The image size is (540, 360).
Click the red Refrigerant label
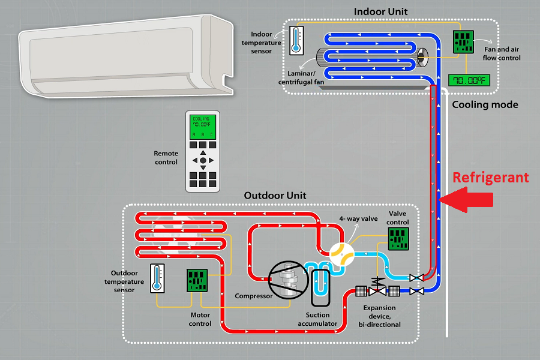[490, 178]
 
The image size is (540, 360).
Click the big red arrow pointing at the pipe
[471, 199]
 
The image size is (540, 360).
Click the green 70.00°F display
[468, 79]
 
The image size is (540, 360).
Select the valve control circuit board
[397, 239]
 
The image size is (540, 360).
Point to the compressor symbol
[284, 279]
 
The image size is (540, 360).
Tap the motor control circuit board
[197, 281]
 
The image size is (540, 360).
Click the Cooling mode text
[485, 104]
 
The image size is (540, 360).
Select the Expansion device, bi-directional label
[379, 316]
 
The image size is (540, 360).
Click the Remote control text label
[166, 158]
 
